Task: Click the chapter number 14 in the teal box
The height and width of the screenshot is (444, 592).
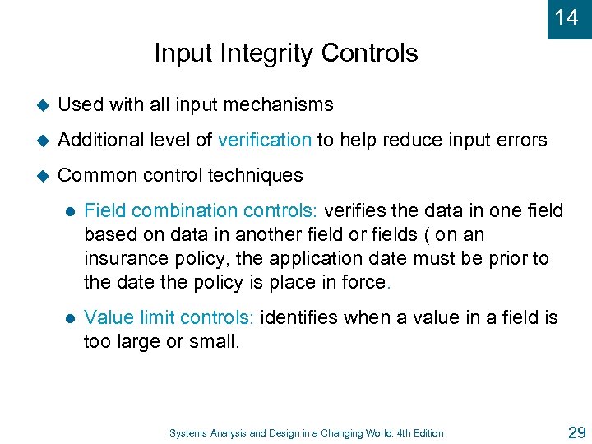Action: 567,17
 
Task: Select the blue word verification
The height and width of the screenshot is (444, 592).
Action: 265,140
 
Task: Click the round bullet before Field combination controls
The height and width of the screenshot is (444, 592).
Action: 69,211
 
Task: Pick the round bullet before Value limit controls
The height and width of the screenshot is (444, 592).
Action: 69,318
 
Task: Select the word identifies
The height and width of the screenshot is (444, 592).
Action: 299,317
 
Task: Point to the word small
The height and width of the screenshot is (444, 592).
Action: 215,341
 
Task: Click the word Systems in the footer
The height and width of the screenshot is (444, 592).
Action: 187,433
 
